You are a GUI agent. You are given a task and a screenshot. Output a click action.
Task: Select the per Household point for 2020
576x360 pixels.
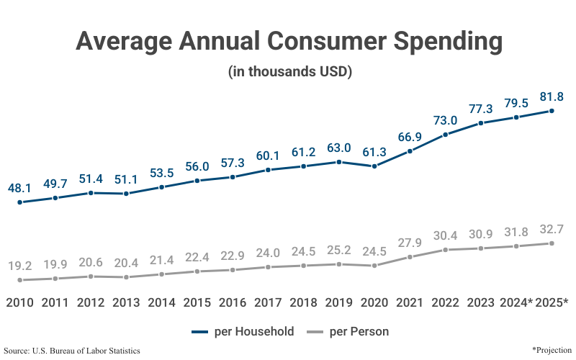[x=374, y=166]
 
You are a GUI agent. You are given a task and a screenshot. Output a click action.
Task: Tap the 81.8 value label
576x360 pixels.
[x=551, y=96]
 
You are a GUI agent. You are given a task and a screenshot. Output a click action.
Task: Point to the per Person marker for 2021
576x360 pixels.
[x=410, y=256]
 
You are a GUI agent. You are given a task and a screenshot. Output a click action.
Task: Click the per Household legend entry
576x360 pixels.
[x=243, y=332]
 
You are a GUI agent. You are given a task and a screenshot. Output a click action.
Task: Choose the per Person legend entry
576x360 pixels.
[x=348, y=332]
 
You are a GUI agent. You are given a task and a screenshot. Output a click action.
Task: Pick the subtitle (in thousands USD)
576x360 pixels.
[x=289, y=72]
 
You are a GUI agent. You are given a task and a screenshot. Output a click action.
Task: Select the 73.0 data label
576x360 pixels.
[x=445, y=120]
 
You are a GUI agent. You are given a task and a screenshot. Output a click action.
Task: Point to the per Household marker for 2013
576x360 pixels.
[x=126, y=194]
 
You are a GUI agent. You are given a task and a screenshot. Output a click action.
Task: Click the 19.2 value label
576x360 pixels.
[x=20, y=266]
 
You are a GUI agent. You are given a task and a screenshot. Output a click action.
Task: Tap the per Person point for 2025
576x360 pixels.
[x=552, y=243]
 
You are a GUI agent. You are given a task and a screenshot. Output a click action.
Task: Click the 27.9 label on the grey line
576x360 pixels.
[x=410, y=242]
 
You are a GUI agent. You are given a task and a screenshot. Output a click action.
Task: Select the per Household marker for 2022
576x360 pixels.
[x=446, y=135]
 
